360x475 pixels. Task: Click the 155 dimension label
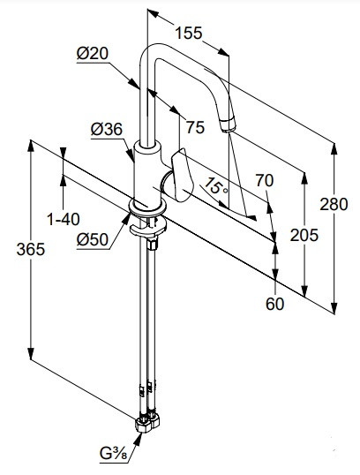(x=188, y=33)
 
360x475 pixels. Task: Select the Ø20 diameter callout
(x=93, y=53)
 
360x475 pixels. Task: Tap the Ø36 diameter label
(x=107, y=130)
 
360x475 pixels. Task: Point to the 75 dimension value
(x=195, y=127)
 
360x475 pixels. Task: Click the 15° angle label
(x=216, y=186)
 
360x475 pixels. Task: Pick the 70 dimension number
(x=265, y=180)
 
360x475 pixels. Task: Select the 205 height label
(x=304, y=235)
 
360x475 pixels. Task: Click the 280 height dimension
(x=334, y=204)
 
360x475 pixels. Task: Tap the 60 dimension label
(x=275, y=304)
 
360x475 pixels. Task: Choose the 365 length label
(x=31, y=249)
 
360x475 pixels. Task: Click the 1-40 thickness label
(x=64, y=219)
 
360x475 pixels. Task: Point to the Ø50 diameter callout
(x=93, y=240)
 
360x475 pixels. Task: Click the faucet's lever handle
(x=182, y=176)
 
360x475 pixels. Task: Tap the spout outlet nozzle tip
(x=228, y=124)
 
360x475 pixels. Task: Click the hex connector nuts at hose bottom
(x=147, y=423)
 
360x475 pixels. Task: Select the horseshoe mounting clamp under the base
(x=147, y=227)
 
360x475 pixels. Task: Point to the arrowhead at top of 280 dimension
(x=334, y=149)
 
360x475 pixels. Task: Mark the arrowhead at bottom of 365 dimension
(x=31, y=353)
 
